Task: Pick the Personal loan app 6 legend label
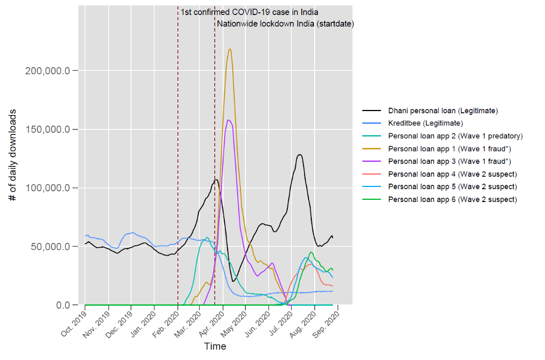point(452,199)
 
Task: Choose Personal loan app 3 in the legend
point(450,161)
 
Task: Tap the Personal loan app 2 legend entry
point(455,136)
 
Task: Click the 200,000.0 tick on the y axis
point(47,71)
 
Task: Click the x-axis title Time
point(215,347)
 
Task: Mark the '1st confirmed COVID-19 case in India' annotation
point(249,12)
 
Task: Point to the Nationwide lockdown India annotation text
point(286,23)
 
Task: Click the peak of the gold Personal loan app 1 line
point(229,49)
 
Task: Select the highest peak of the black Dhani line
point(300,155)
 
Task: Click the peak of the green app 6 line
point(311,252)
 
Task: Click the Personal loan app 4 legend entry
point(452,174)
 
